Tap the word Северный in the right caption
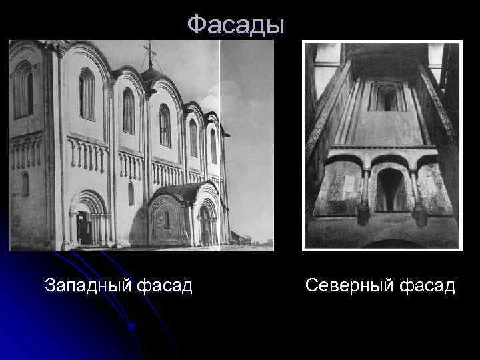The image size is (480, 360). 350,287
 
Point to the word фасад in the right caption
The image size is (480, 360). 427,287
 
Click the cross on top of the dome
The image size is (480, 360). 151,53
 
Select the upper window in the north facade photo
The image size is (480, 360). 386,97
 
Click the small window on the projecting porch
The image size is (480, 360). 166,219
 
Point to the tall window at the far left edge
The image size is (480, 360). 23,90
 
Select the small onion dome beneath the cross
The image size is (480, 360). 151,74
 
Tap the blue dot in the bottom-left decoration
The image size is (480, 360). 133,327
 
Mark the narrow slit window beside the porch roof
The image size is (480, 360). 131,193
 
